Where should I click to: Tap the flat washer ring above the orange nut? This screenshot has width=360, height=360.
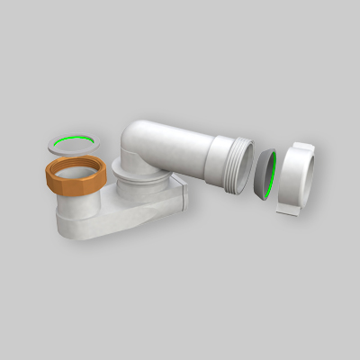[x=70, y=142]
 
